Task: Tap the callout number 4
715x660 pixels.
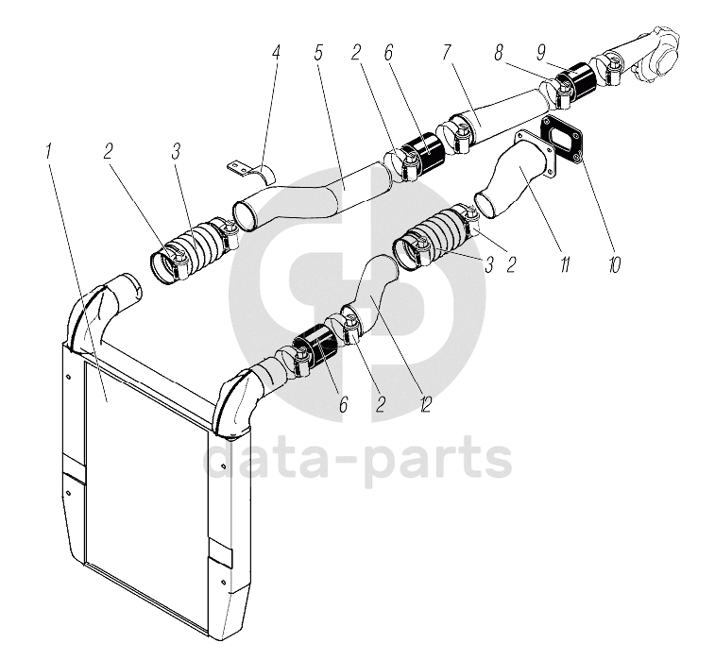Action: [x=276, y=52]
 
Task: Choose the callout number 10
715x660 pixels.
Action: [x=614, y=265]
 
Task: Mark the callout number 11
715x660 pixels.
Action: [x=564, y=265]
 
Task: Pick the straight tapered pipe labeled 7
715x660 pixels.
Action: [x=496, y=119]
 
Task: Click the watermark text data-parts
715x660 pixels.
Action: [x=359, y=462]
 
